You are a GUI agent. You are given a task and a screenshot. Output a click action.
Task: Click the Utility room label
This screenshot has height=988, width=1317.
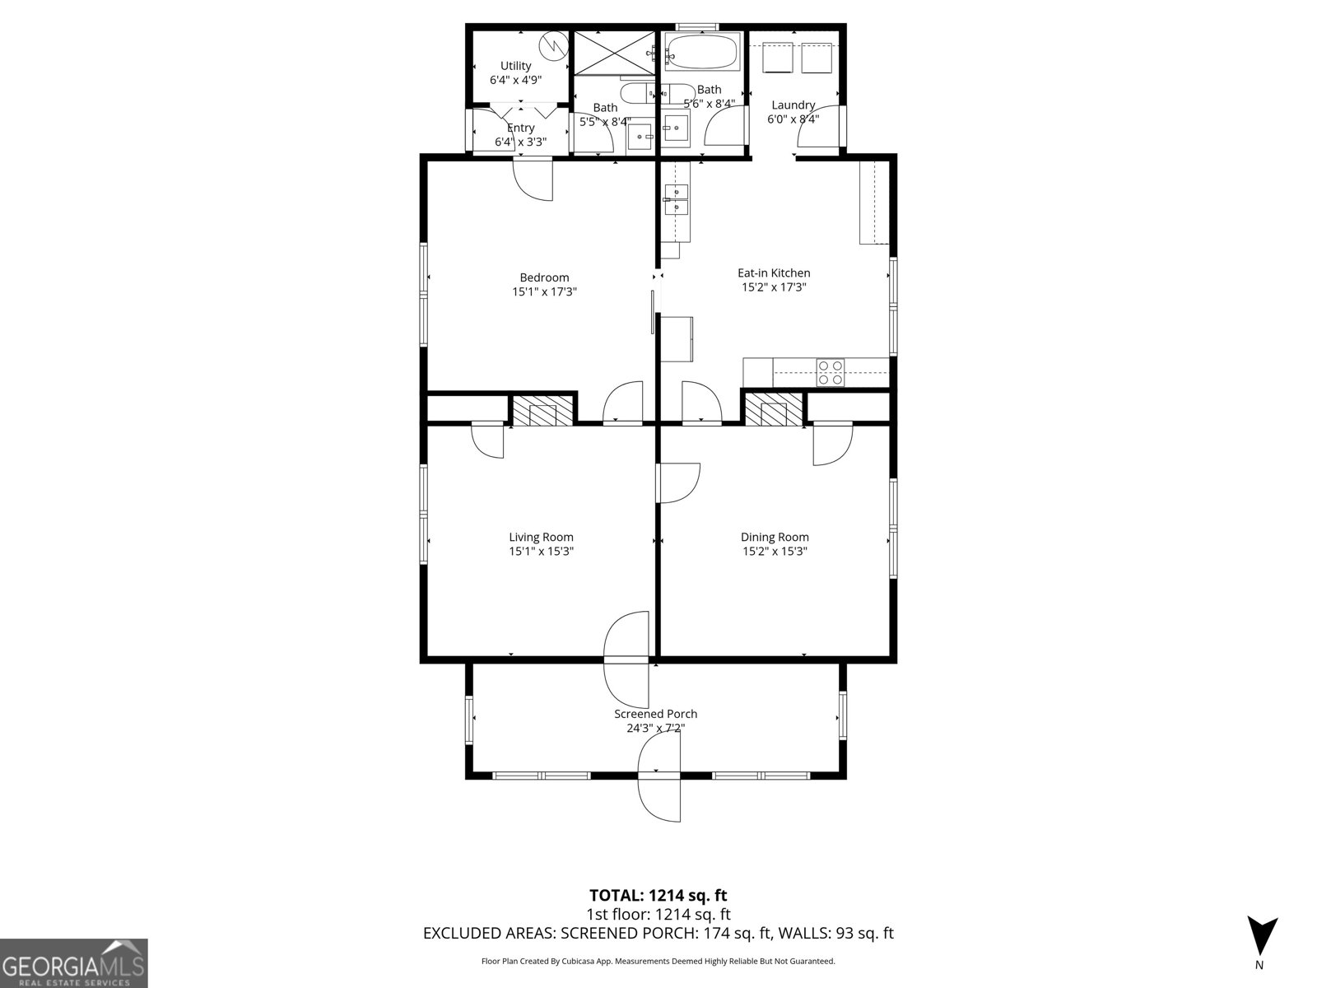tap(516, 66)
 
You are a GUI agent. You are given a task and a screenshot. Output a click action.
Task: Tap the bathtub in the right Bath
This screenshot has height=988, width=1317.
tap(702, 52)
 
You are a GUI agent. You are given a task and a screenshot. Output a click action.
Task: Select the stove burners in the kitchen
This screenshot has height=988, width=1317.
tap(829, 372)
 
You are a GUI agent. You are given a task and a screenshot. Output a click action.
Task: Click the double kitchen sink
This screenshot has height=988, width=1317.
tap(676, 199)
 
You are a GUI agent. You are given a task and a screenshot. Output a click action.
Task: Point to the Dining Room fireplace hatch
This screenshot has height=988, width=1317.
tap(774, 409)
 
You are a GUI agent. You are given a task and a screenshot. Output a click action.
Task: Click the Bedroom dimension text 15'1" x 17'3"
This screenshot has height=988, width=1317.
tap(544, 291)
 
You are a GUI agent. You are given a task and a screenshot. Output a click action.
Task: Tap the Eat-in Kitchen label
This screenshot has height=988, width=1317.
tap(774, 273)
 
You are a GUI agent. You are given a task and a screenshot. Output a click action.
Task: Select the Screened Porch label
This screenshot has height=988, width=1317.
tap(655, 714)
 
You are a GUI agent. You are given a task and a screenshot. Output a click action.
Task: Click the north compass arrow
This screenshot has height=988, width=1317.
tap(1261, 935)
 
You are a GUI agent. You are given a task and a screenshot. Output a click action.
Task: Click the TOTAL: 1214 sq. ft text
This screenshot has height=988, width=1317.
tap(658, 895)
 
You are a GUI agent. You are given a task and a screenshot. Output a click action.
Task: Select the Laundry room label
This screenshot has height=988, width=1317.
tap(793, 105)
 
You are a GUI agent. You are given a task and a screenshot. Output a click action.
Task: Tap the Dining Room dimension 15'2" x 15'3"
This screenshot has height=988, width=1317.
tap(775, 552)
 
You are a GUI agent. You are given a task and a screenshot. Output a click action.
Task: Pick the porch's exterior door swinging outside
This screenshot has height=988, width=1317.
tap(660, 797)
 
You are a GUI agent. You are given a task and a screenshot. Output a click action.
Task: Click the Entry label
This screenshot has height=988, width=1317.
tap(520, 128)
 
